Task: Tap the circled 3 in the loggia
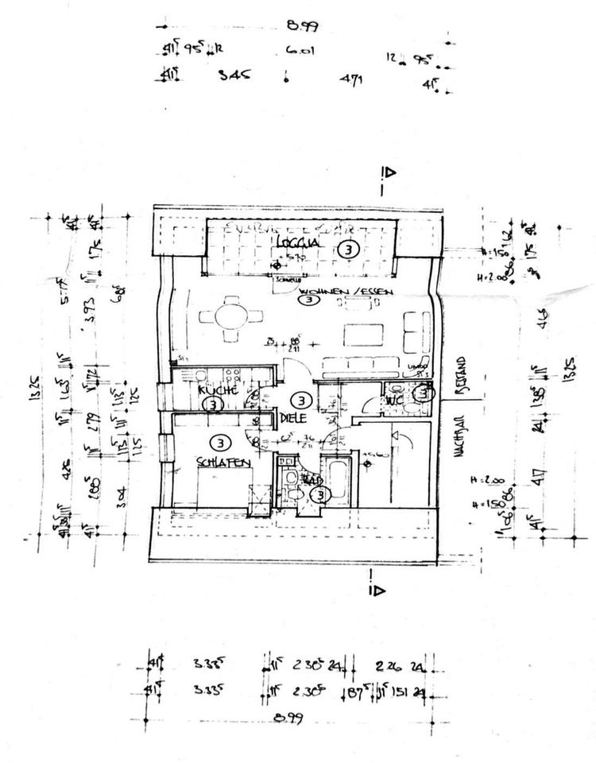[x=346, y=249]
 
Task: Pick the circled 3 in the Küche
[x=211, y=405]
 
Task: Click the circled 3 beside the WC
[x=424, y=392]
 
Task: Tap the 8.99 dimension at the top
[x=302, y=25]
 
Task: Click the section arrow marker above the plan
[x=388, y=172]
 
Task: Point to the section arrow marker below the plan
[x=376, y=590]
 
